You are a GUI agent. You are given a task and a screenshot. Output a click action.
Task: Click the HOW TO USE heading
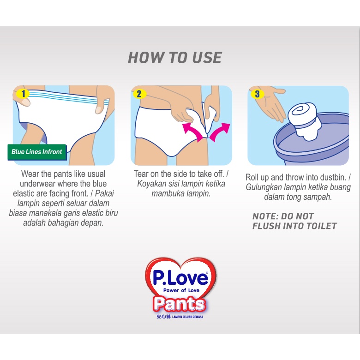(x=175, y=57)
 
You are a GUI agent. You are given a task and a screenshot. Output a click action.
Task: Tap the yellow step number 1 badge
(x=23, y=94)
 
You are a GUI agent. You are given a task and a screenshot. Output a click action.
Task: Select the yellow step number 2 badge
(x=139, y=94)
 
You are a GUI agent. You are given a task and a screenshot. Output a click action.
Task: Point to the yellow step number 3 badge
(x=257, y=94)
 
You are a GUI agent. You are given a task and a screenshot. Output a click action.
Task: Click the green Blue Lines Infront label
(x=37, y=152)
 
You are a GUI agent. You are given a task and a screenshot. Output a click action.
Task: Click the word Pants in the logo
(x=180, y=304)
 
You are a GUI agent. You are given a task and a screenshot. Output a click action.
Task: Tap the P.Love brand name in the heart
(x=180, y=277)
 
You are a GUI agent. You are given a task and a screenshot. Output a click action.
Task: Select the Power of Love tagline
(x=181, y=290)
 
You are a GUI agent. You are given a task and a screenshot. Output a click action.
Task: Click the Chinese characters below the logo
(x=164, y=317)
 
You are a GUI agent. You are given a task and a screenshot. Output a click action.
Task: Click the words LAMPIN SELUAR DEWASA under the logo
(x=187, y=317)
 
